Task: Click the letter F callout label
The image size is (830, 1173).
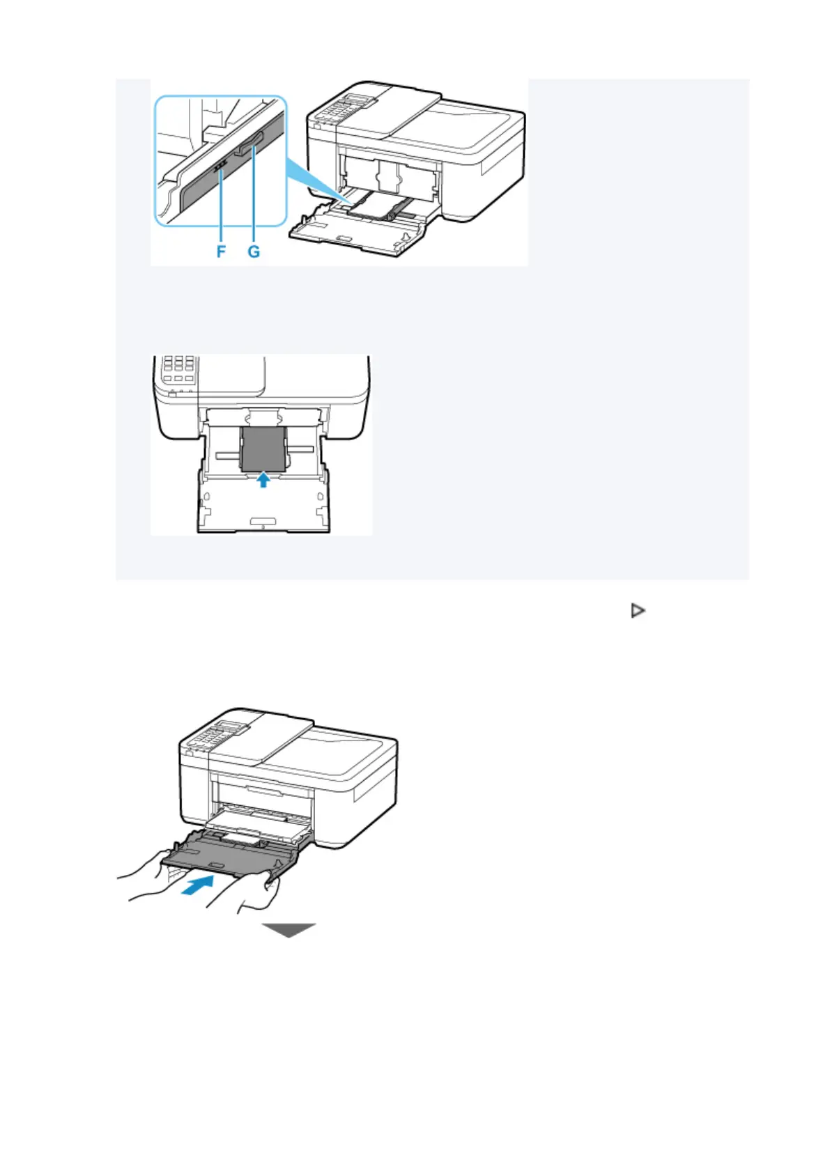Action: click(221, 251)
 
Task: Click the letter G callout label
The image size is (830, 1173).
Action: click(254, 251)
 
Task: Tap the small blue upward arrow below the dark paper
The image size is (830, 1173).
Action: click(262, 479)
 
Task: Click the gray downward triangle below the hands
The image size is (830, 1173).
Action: click(289, 931)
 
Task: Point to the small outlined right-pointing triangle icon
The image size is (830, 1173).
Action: click(637, 611)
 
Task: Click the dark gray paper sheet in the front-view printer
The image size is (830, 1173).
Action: click(263, 449)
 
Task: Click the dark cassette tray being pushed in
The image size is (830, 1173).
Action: click(230, 857)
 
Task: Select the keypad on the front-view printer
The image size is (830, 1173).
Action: click(177, 369)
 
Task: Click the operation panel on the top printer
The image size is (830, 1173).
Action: click(341, 108)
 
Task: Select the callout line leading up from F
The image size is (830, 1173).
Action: click(221, 209)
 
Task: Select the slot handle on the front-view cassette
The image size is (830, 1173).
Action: click(263, 520)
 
